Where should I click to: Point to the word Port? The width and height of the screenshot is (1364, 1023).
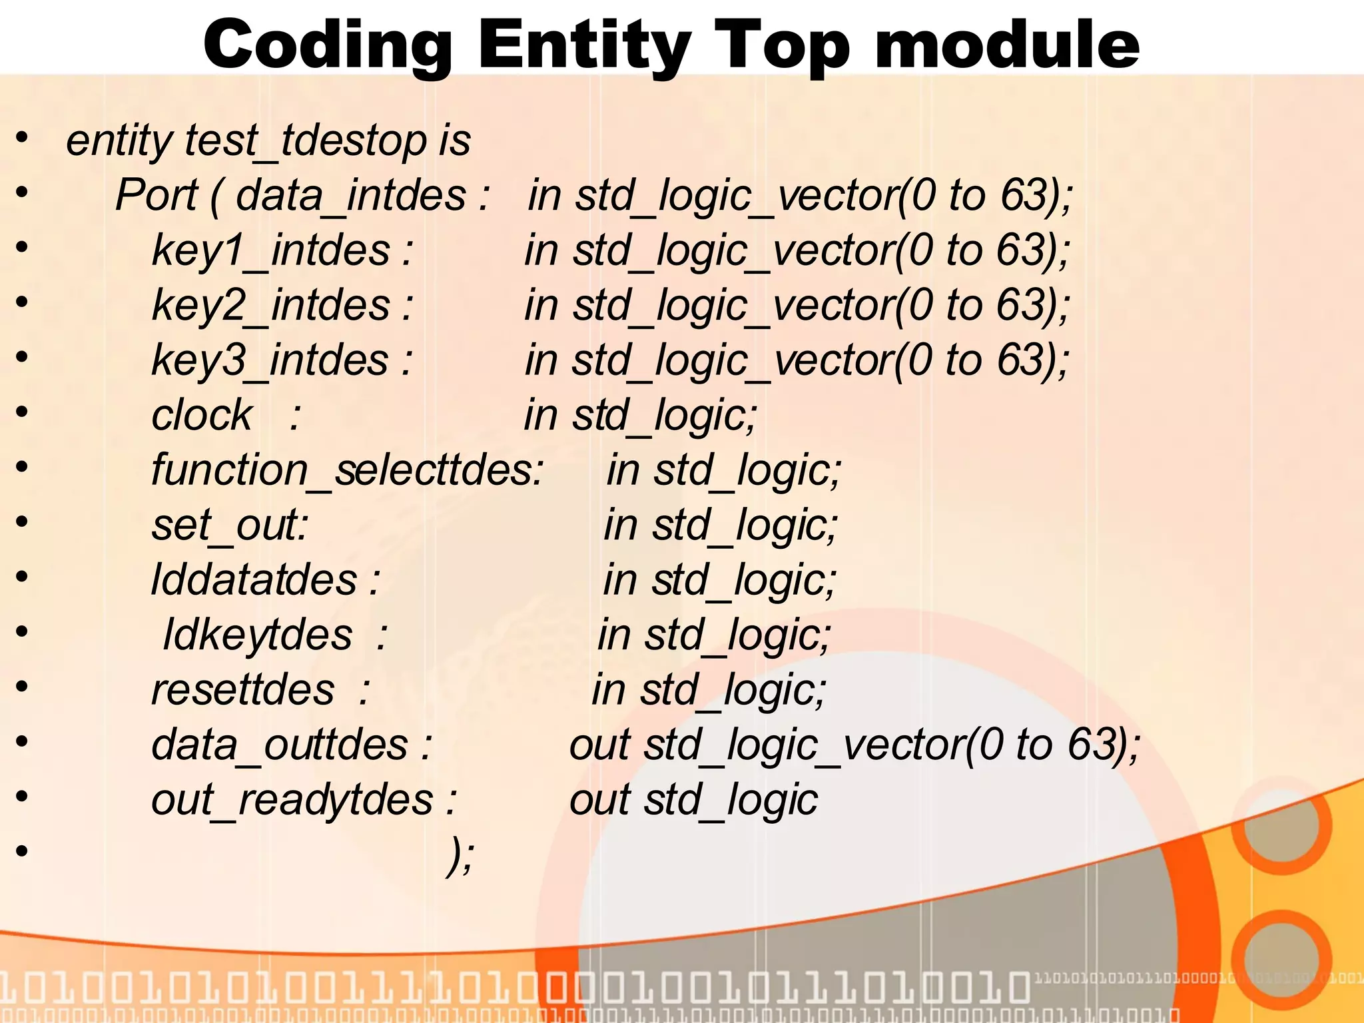coord(157,196)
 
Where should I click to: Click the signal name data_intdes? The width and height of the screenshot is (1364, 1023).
coord(351,196)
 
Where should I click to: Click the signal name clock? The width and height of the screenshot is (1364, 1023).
coord(202,416)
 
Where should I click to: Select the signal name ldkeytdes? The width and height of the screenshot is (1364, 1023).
coord(258,635)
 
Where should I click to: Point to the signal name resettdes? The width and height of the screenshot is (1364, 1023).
coord(243,689)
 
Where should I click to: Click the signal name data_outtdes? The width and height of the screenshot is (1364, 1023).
coord(280,745)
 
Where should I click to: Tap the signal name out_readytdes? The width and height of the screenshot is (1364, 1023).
coord(292,800)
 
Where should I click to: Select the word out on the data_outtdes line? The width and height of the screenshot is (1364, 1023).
coord(599,745)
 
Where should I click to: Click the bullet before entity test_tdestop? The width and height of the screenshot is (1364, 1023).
coord(22,138)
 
